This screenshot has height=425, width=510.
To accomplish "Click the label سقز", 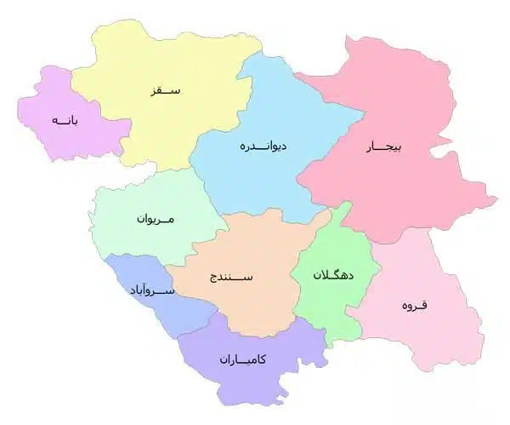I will (x=167, y=89).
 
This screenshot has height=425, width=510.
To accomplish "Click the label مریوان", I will (x=155, y=219).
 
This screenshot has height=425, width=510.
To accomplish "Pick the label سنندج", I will (x=230, y=277).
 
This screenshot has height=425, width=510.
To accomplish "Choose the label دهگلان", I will (x=334, y=275).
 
